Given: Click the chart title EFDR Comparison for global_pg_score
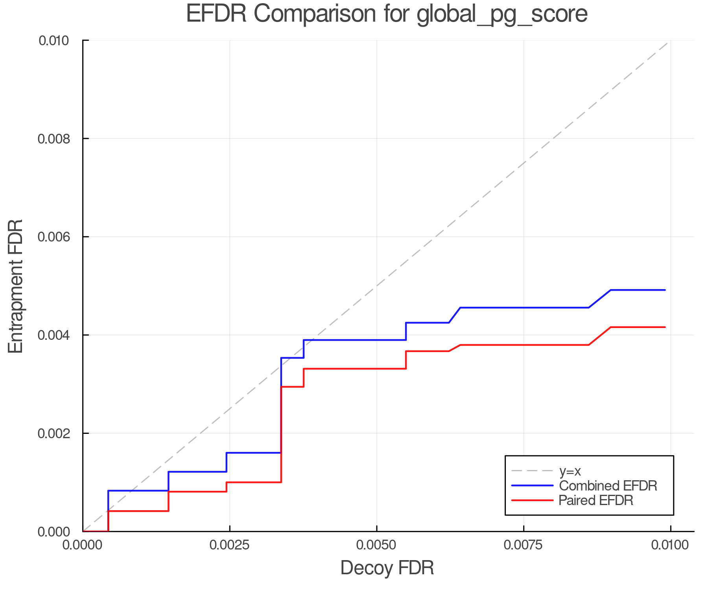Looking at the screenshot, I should pyautogui.click(x=387, y=14).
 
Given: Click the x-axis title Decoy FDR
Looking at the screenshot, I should pyautogui.click(x=387, y=568).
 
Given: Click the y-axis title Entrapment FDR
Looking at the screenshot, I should pyautogui.click(x=16, y=286).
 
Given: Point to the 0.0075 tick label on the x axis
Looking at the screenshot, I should pyautogui.click(x=523, y=545).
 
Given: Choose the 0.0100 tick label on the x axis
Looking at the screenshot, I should pyautogui.click(x=670, y=545).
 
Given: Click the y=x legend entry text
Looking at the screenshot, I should pyautogui.click(x=570, y=471).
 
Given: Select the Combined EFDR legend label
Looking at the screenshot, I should pyautogui.click(x=608, y=486).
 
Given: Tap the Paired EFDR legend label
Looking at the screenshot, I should pyautogui.click(x=596, y=500).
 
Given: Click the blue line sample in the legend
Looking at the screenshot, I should pyautogui.click(x=532, y=486).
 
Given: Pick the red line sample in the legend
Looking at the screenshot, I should pyautogui.click(x=532, y=500).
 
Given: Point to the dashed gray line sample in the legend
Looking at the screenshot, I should pyautogui.click(x=532, y=471).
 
